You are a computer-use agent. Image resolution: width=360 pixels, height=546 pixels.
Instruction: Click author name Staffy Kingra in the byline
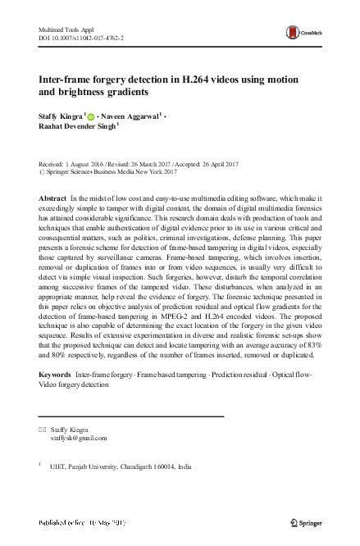(63, 117)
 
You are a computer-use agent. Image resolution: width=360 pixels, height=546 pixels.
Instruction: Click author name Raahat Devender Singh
(77, 129)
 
